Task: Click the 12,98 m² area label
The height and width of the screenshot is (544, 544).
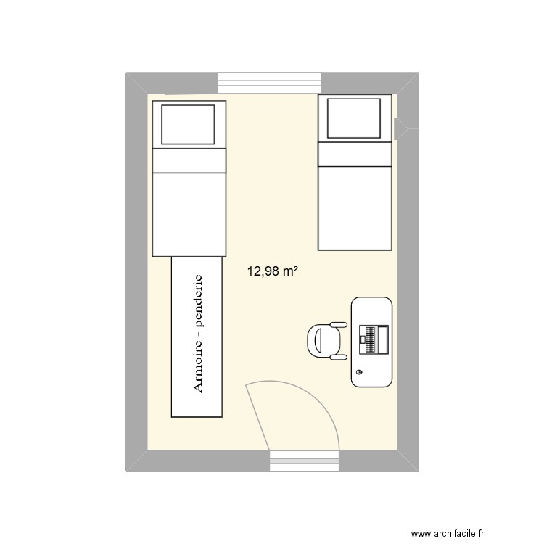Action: point(273,271)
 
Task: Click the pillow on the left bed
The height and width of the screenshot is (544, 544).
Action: point(188,124)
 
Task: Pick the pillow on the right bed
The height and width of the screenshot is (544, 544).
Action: point(354,117)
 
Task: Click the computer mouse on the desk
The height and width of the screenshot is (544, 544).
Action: point(359,374)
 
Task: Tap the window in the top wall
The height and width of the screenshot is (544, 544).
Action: point(269,83)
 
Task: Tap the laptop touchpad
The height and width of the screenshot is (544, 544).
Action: point(362,339)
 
